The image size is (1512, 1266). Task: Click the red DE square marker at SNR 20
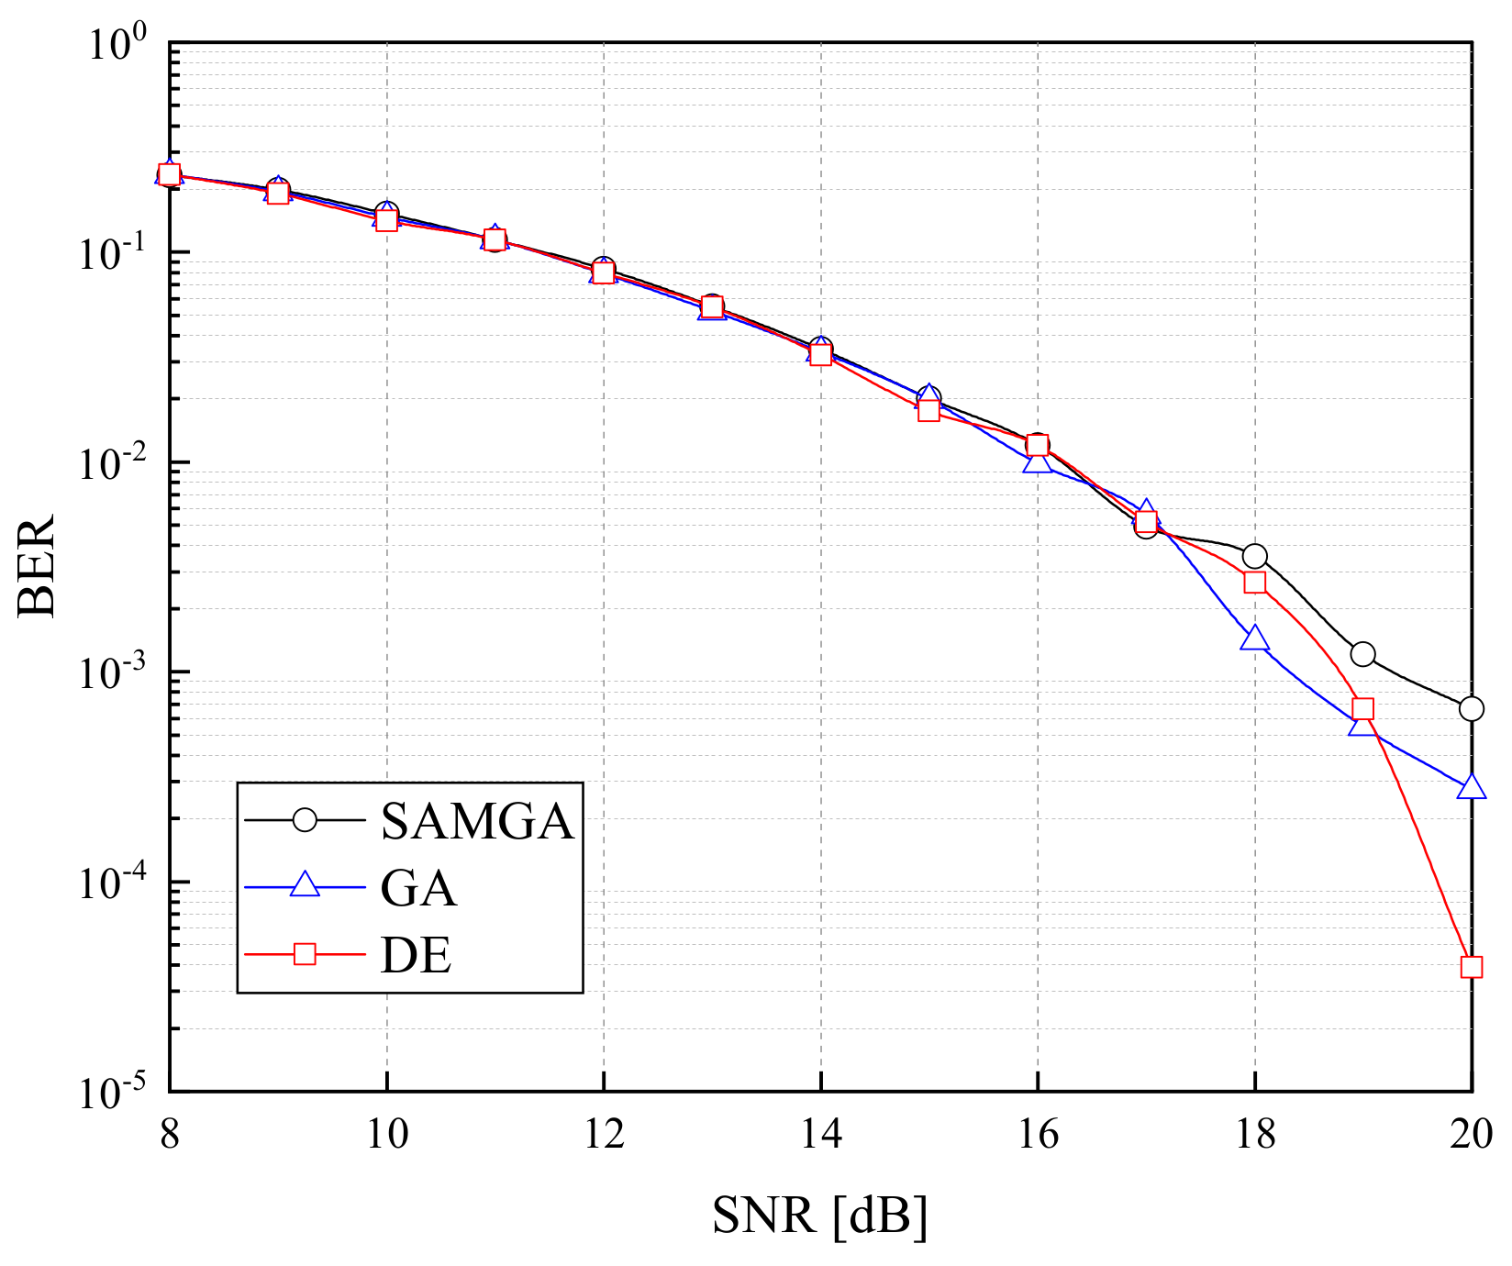tap(1471, 967)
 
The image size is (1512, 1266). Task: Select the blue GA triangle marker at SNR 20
tap(1471, 787)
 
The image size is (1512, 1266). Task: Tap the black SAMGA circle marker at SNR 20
tap(1471, 708)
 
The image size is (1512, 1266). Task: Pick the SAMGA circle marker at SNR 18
tap(1254, 556)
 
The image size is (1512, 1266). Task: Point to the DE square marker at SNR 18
tap(1254, 583)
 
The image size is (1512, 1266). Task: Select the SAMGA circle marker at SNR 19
tap(1362, 654)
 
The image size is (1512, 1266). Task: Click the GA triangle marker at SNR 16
tap(1037, 461)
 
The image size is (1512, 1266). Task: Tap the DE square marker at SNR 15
tap(928, 410)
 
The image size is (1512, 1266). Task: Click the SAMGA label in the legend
tap(477, 821)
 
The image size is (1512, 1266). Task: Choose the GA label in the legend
tap(418, 888)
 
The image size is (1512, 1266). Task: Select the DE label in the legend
tap(416, 956)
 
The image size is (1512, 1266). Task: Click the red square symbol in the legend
tap(305, 955)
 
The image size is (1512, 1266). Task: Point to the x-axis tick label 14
tap(820, 1136)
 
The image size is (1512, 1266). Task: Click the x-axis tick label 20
tap(1471, 1136)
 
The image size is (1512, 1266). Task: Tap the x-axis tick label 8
tap(170, 1136)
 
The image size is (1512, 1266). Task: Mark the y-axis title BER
tap(39, 566)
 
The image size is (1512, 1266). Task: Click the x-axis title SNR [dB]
tap(819, 1216)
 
